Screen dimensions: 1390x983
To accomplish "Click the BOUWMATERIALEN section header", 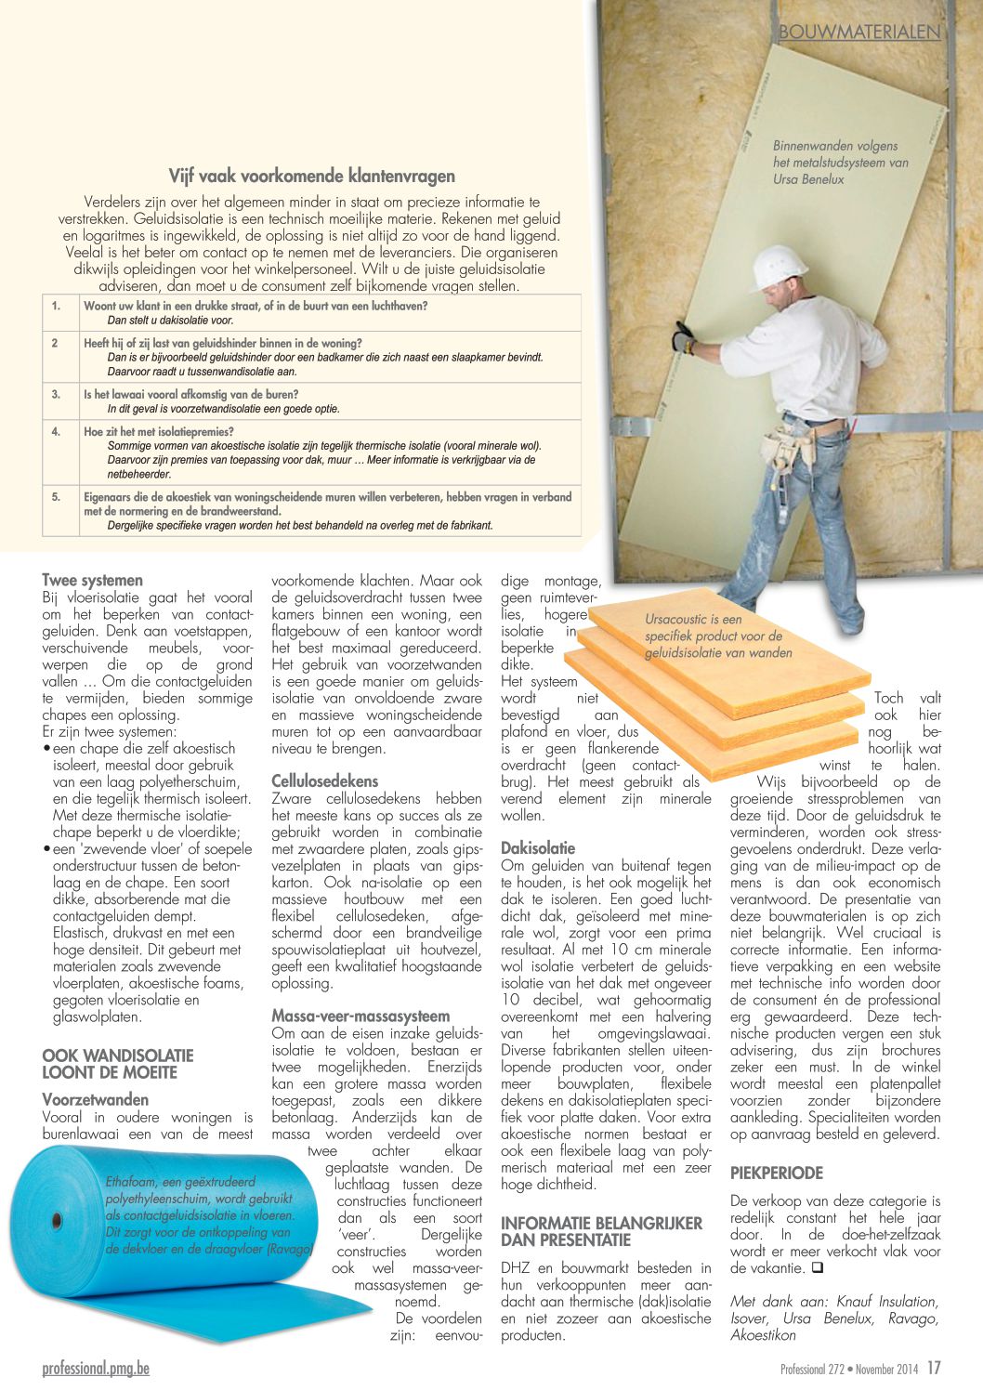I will pyautogui.click(x=859, y=32).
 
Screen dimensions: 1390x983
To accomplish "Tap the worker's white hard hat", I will pyautogui.click(x=778, y=268).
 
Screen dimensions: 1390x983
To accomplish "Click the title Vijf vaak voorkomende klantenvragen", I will pyautogui.click(x=311, y=176).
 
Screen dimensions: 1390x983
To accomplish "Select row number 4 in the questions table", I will pyautogui.click(x=56, y=432).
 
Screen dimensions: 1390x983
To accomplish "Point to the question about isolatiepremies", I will pyautogui.click(x=159, y=432).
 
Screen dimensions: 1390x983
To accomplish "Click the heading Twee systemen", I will pyautogui.click(x=92, y=581).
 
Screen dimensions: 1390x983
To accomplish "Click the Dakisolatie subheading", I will pyautogui.click(x=538, y=848).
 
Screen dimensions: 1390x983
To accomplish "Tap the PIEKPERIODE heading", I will pyautogui.click(x=776, y=1173).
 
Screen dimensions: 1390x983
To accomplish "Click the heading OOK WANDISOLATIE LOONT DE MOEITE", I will pyautogui.click(x=117, y=1064).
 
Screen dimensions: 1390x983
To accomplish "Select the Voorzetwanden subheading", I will pyautogui.click(x=95, y=1100).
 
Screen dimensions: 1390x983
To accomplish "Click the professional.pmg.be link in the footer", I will pyautogui.click(x=96, y=1368).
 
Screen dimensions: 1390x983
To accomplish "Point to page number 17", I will pyautogui.click(x=934, y=1368).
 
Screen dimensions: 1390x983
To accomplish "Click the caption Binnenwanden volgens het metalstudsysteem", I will pyautogui.click(x=840, y=163).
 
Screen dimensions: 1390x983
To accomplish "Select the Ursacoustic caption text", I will pyautogui.click(x=718, y=636).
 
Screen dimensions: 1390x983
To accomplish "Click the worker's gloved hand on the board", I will pyautogui.click(x=683, y=337).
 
